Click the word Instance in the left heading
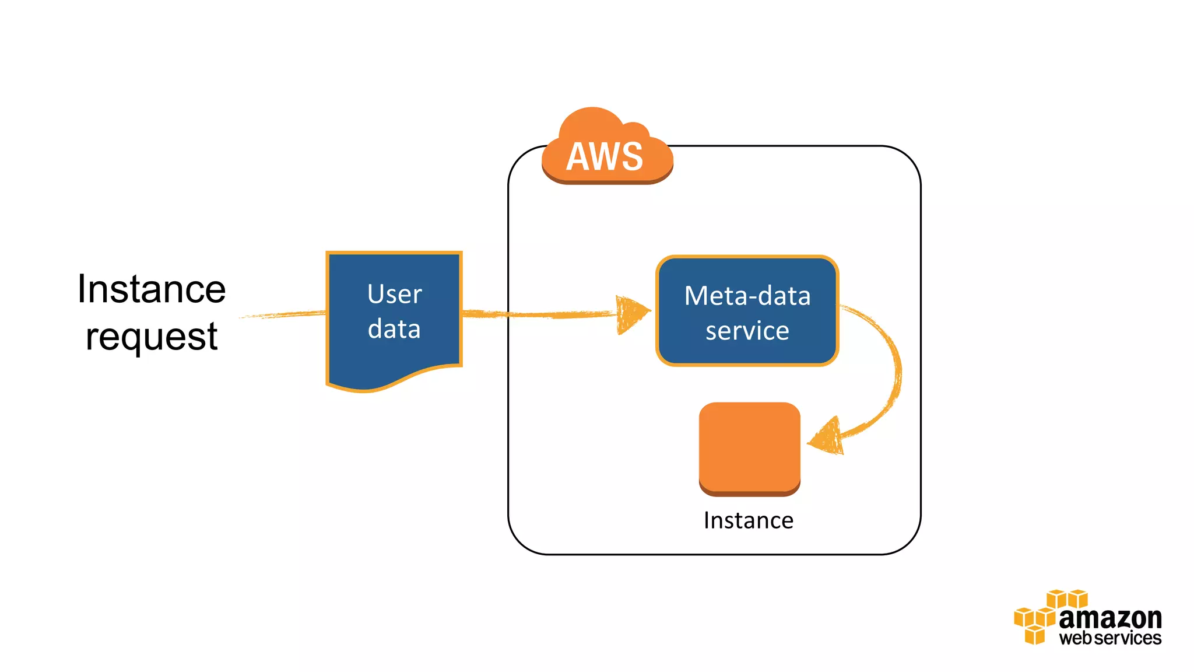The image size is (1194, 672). [152, 289]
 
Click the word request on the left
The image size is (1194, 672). [152, 337]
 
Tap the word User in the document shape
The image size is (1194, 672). [395, 294]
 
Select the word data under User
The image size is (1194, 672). [394, 329]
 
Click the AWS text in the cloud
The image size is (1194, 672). [605, 156]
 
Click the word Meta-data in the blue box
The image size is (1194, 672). [747, 296]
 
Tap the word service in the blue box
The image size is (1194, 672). [747, 331]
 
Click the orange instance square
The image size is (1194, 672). [749, 446]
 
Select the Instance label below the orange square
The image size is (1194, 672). [749, 520]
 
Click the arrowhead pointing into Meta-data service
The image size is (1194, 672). [631, 314]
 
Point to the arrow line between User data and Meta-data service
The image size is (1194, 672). [542, 314]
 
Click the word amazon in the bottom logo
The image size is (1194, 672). [1110, 618]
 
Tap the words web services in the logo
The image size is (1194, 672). [1110, 638]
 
